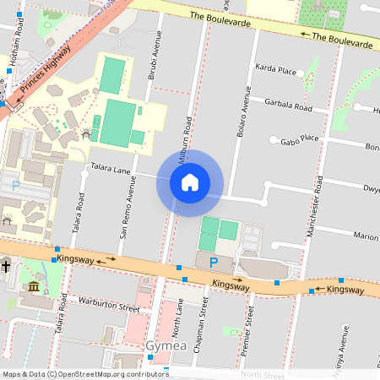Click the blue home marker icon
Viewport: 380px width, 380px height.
(190, 182)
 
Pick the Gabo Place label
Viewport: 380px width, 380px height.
(299, 138)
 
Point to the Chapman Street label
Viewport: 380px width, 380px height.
(204, 325)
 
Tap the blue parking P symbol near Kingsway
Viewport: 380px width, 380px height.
(214, 263)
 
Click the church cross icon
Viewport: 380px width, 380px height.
(5, 267)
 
